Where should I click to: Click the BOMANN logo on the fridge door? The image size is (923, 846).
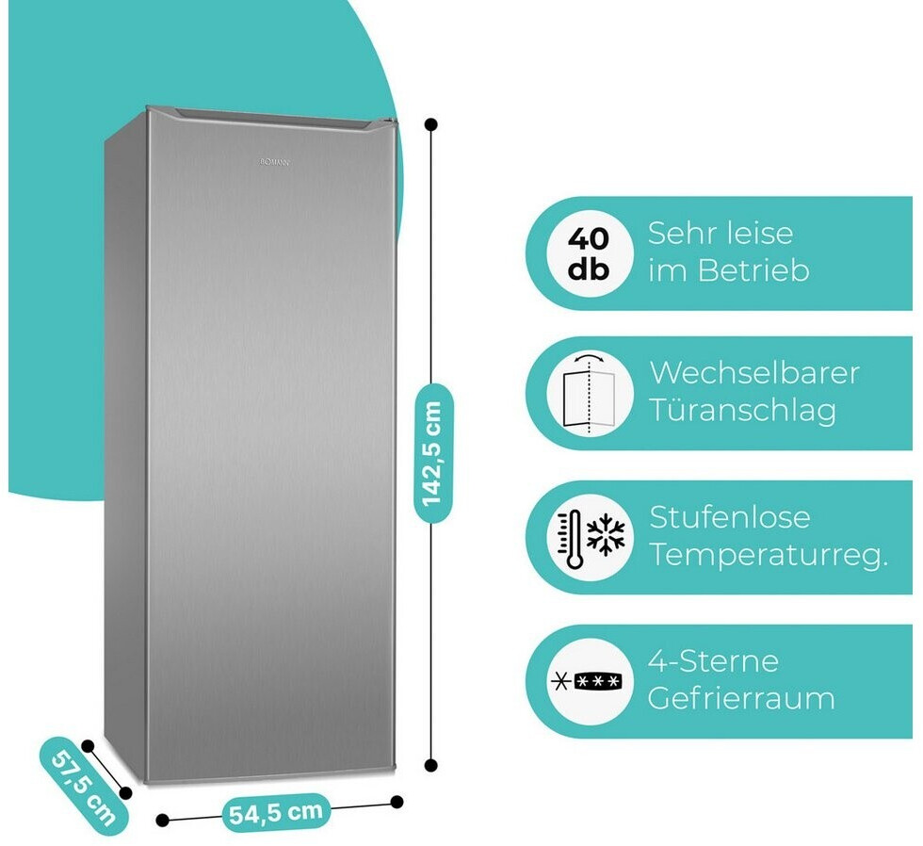[276, 163]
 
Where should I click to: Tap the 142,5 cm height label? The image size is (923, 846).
[432, 453]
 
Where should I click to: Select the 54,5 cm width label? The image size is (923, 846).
[277, 812]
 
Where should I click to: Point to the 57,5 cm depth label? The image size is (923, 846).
[84, 785]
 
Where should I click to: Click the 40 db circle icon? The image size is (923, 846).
[589, 253]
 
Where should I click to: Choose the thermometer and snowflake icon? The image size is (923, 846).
[589, 538]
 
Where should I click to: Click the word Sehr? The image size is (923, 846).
[681, 234]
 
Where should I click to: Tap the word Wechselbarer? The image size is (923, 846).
[753, 372]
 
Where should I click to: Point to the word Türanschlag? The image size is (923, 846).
[742, 412]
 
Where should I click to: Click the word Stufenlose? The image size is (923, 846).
[730, 517]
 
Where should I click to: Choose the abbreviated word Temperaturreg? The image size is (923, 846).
[769, 556]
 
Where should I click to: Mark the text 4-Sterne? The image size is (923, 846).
[713, 660]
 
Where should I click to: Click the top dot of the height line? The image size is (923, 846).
[431, 123]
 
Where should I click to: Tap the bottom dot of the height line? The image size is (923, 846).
[431, 765]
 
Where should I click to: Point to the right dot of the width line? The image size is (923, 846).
[397, 802]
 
